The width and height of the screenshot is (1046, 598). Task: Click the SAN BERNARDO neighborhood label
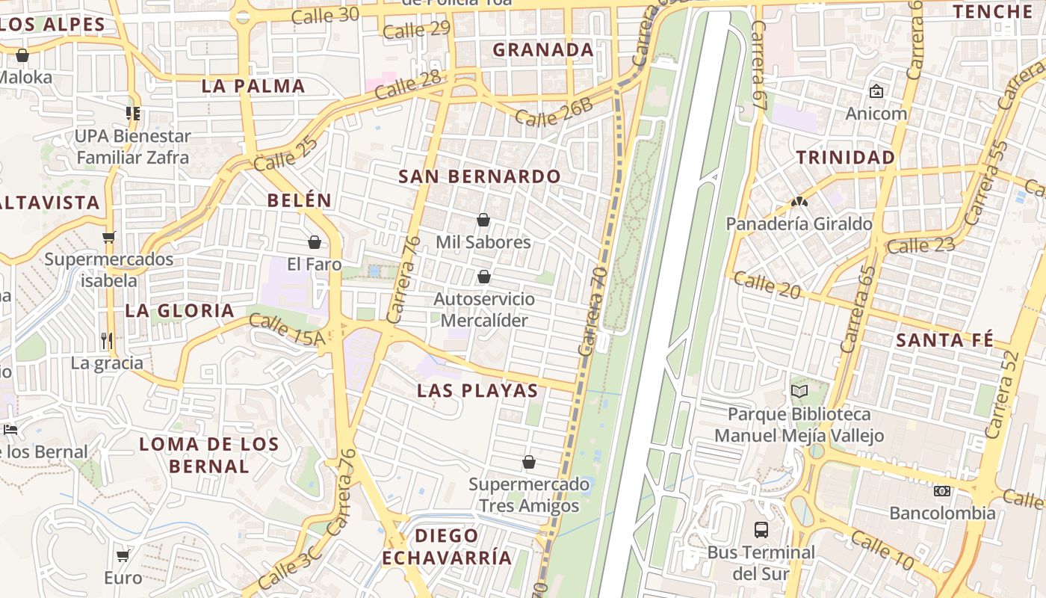(479, 176)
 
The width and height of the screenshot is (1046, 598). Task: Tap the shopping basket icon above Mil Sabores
(483, 220)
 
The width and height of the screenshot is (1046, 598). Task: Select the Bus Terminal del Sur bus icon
(761, 530)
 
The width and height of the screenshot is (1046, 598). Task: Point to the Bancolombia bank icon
(941, 491)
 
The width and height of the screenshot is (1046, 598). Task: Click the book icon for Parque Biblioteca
(799, 391)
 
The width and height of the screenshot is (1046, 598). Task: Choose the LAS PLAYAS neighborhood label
(477, 390)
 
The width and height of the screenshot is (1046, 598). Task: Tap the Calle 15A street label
(287, 330)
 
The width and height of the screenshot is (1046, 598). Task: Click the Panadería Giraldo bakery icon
(799, 202)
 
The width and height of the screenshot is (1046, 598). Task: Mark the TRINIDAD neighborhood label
(845, 157)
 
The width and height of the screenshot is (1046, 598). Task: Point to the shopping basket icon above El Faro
(314, 242)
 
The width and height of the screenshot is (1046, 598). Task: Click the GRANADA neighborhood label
(543, 50)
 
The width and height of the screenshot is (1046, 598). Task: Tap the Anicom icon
(876, 91)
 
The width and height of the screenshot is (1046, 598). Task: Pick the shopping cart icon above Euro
(123, 555)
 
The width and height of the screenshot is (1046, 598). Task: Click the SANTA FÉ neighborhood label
(944, 340)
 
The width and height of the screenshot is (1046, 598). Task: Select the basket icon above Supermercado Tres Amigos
(528, 462)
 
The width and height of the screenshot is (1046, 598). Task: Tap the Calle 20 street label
(767, 285)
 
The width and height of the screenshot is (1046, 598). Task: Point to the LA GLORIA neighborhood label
(179, 310)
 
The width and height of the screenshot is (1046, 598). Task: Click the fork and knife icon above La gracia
(107, 341)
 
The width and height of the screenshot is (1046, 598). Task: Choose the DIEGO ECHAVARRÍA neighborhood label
(447, 546)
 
